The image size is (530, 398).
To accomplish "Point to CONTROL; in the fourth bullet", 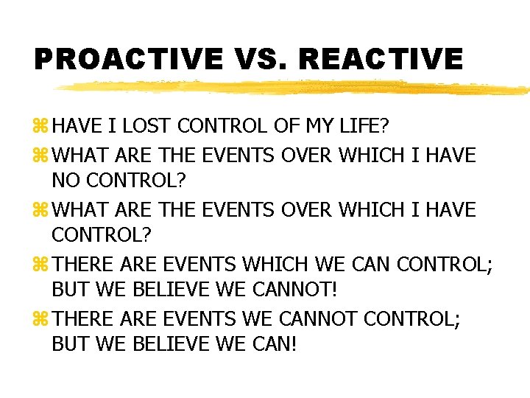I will (x=445, y=264).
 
